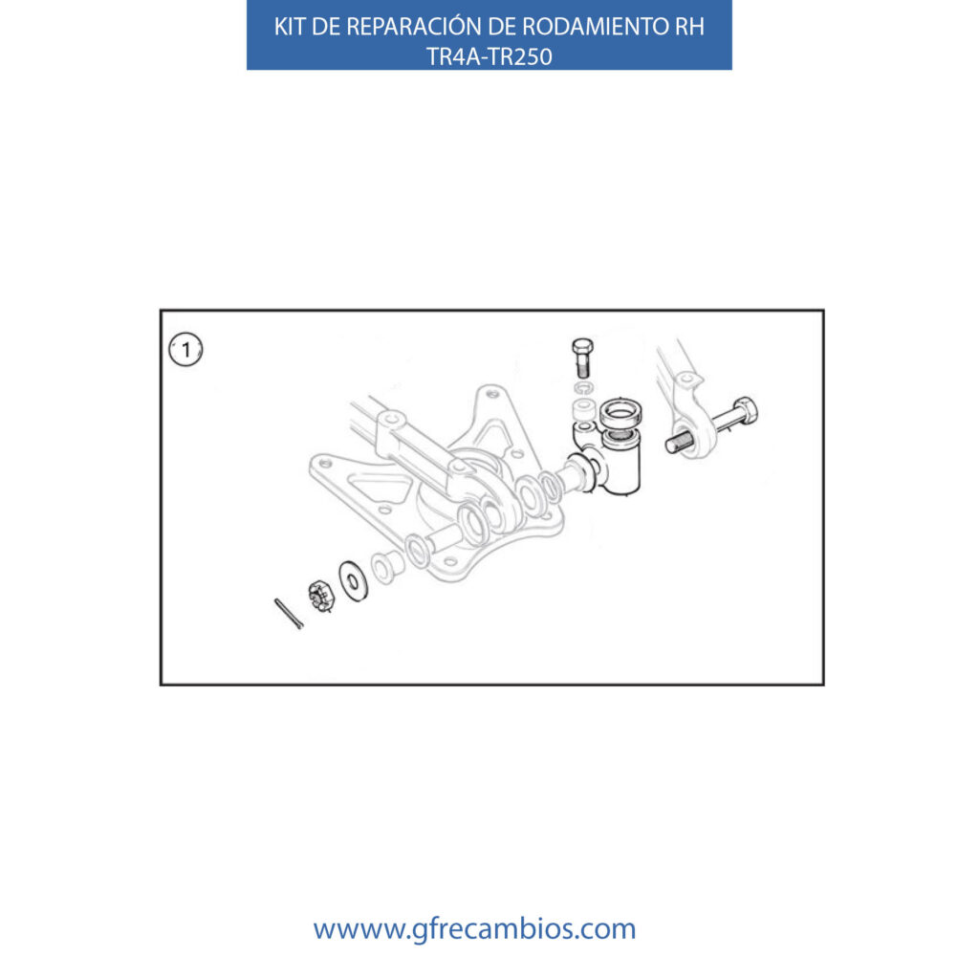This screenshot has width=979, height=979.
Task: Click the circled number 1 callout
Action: (186, 350)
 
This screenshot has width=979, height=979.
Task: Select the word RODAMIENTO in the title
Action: (596, 27)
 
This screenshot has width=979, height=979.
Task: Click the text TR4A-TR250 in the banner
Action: (489, 56)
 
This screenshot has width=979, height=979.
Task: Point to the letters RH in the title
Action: (689, 27)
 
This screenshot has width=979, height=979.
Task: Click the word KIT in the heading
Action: (290, 27)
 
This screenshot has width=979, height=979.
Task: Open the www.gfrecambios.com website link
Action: (474, 928)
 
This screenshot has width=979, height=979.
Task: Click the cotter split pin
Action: (289, 613)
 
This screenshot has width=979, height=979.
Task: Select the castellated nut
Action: (321, 596)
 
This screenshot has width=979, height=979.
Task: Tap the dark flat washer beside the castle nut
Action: (354, 582)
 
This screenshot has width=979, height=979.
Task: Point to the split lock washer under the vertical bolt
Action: (584, 388)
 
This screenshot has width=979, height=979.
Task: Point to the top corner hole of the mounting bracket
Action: (492, 394)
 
